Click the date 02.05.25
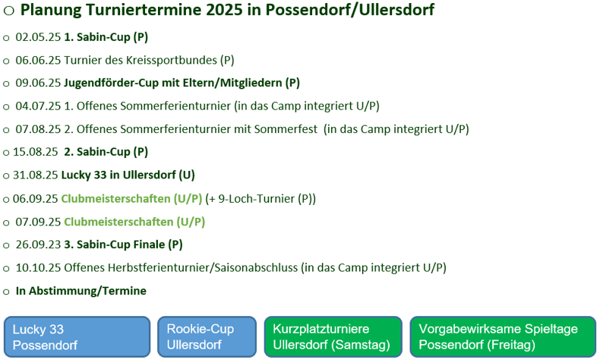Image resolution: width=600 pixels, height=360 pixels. click(x=38, y=37)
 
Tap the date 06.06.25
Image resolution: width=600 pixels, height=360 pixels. click(x=38, y=60)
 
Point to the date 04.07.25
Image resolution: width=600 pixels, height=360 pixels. click(x=38, y=106)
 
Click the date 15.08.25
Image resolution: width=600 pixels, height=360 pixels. click(x=36, y=152)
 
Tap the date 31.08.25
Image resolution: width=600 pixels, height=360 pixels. click(x=36, y=175)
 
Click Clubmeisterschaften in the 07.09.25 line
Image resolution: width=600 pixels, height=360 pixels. click(x=118, y=222)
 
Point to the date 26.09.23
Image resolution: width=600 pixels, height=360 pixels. click(x=38, y=245)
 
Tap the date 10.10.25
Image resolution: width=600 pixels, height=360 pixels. click(x=38, y=268)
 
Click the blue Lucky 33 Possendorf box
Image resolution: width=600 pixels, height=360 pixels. click(x=77, y=337)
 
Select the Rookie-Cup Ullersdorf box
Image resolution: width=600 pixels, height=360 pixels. click(x=207, y=337)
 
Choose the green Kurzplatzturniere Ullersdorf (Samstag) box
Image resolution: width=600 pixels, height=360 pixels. click(x=333, y=337)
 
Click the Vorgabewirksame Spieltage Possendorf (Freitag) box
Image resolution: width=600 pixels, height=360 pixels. click(x=503, y=337)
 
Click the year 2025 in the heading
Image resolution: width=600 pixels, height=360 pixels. click(x=224, y=10)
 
